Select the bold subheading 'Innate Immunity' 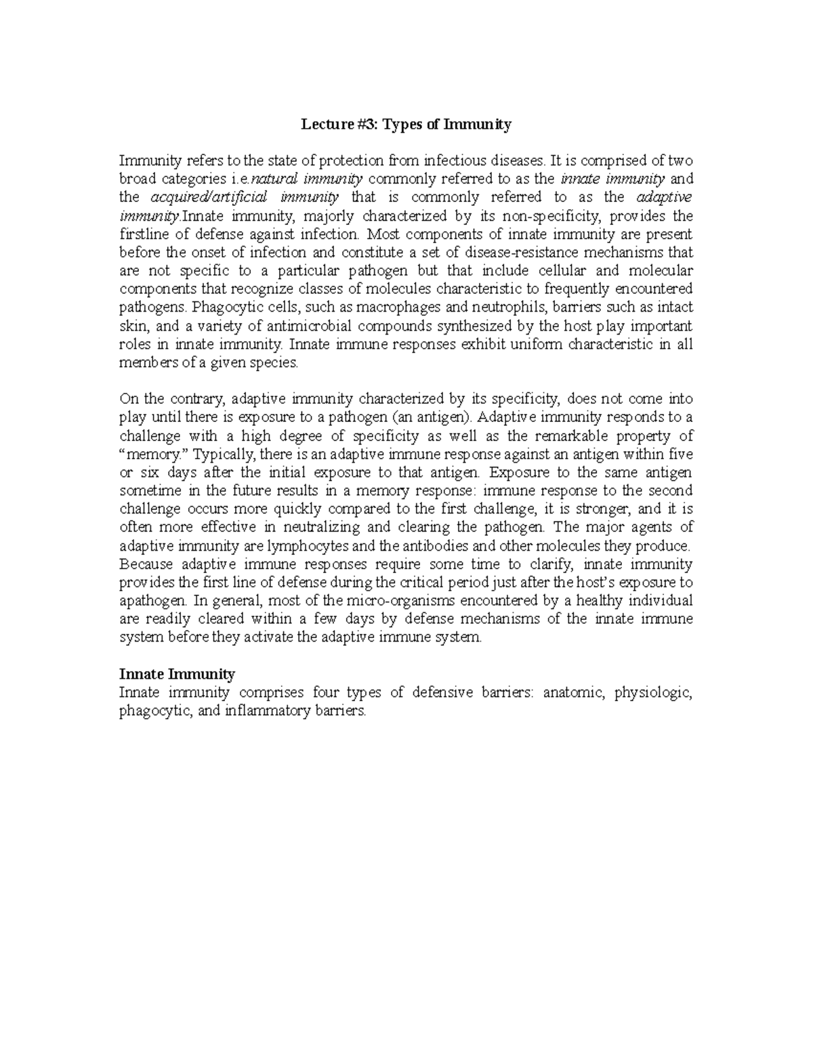pyautogui.click(x=177, y=674)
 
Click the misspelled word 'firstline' pyautogui.click(x=143, y=234)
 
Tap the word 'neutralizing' pyautogui.click(x=322, y=527)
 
